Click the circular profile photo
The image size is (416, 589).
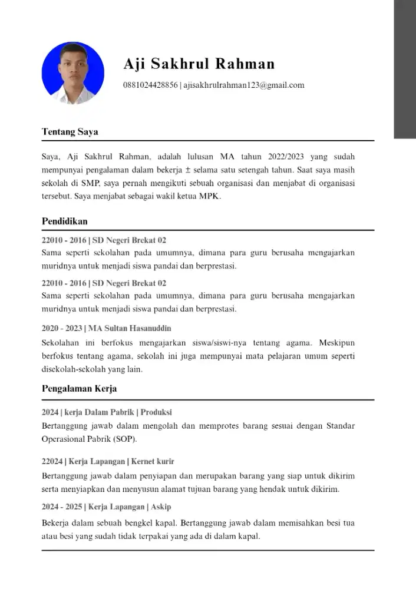coord(74,73)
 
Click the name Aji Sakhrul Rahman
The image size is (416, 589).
coord(199,64)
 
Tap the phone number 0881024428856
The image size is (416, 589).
coord(150,85)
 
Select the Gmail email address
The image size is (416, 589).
coord(244,85)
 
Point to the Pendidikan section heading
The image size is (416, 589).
coord(65,221)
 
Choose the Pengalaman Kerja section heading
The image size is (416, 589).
coord(79,389)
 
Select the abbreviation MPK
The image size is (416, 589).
coord(210,196)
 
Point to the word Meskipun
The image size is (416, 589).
coord(336,342)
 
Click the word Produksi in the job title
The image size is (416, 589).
coord(156,412)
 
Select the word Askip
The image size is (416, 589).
coord(161,507)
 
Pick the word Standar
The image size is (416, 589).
coord(341,426)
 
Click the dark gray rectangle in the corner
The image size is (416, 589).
coord(405,69)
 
